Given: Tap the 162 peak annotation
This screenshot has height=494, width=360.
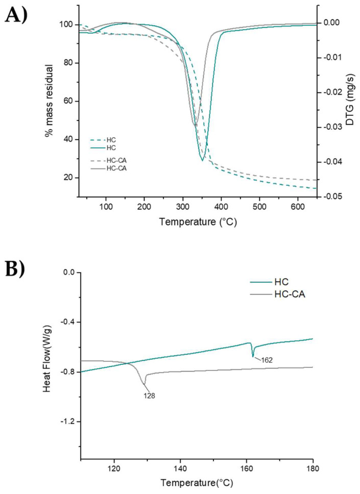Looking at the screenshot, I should coord(266,360).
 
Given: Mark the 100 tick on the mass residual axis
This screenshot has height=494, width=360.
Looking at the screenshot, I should coord(66,25).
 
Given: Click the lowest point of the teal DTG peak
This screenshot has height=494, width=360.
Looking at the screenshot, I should coord(202,160).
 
